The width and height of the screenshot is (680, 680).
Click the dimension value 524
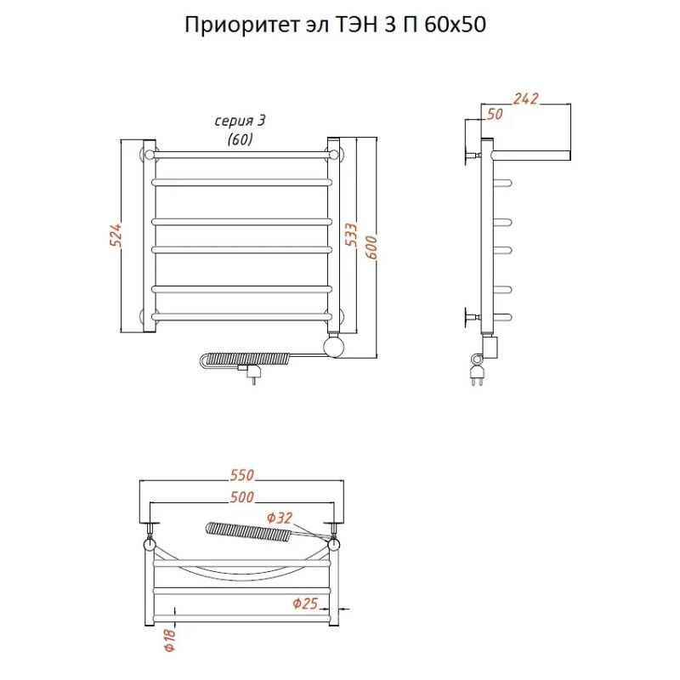point(116,235)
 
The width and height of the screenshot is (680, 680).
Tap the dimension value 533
point(351,235)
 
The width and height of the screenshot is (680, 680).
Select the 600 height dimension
point(371,247)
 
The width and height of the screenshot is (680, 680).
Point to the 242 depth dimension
point(525,99)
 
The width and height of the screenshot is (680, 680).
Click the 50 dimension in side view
point(495,114)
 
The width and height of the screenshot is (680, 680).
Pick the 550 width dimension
point(241,475)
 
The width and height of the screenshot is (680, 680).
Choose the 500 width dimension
point(241,496)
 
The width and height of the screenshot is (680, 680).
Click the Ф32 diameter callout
point(280,518)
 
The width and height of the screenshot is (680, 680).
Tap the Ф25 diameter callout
point(305,603)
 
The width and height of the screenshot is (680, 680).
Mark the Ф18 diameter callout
point(169,640)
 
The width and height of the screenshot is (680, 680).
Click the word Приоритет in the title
point(240,25)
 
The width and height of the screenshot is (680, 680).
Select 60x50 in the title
point(455,25)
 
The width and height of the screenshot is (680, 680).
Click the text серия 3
point(240,121)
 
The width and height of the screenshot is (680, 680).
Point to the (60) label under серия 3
point(240,139)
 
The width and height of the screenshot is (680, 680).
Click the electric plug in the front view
point(250,371)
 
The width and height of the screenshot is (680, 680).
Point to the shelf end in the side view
point(568,156)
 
